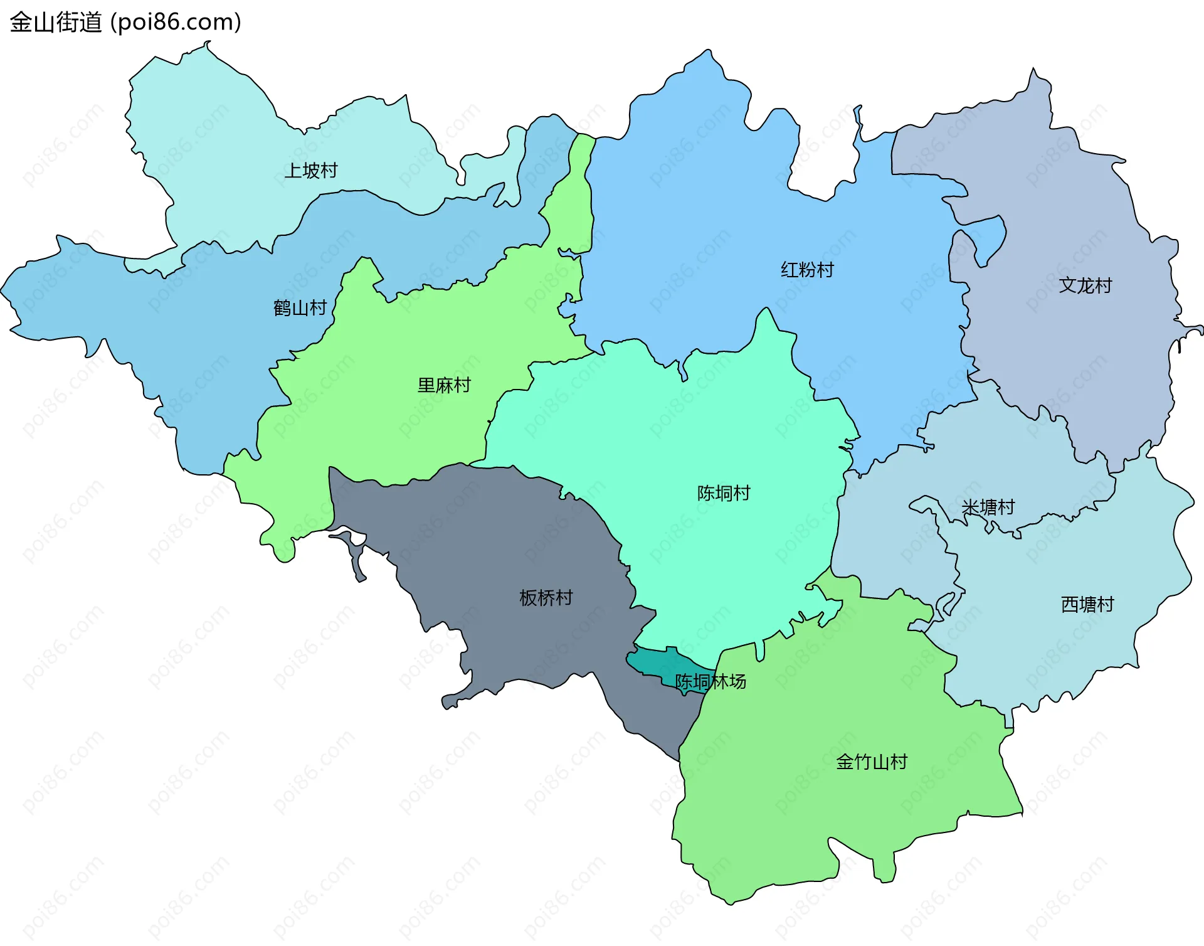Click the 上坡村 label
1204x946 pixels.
click(310, 171)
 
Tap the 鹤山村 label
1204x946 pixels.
click(300, 308)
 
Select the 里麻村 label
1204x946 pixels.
click(444, 385)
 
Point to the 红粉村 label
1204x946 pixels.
click(807, 270)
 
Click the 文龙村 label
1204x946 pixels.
click(1085, 285)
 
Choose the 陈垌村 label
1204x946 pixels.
click(724, 493)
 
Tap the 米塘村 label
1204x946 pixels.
click(988, 507)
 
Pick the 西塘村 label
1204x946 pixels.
click(1087, 604)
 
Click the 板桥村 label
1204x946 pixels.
click(546, 598)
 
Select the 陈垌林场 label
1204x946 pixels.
click(710, 681)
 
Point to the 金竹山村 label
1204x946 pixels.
click(871, 762)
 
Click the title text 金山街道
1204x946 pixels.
click(56, 23)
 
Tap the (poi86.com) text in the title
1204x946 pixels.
click(176, 23)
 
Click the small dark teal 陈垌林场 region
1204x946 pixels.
click(652, 662)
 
